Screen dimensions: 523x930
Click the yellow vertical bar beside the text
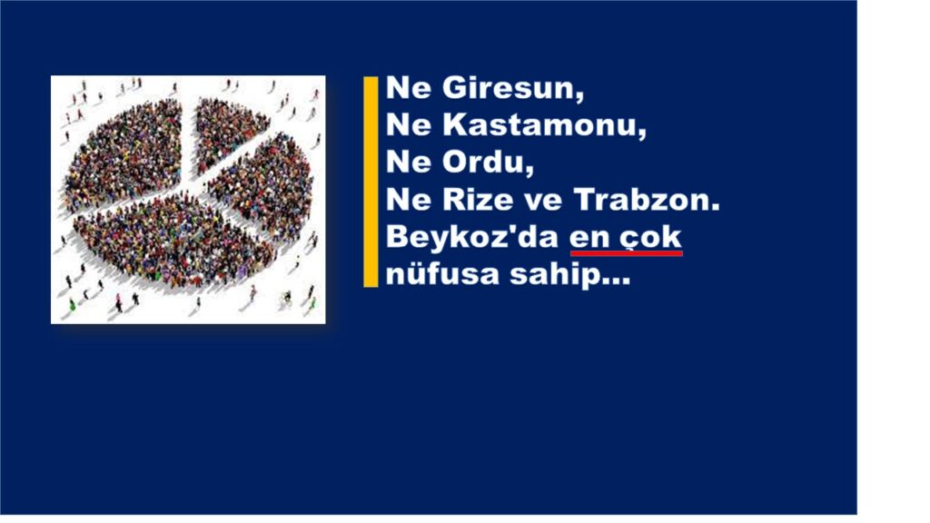click(371, 182)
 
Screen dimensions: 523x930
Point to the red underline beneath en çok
click(626, 253)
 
